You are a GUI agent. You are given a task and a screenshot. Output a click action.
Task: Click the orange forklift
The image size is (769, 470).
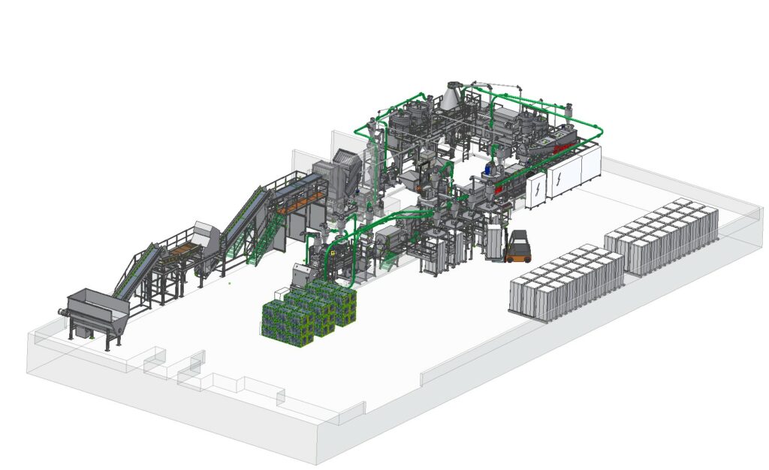click(519, 247)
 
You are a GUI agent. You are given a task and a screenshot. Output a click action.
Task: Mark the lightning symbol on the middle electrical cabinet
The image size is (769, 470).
click(561, 178)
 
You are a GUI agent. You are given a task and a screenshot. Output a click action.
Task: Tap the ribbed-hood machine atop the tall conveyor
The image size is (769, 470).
click(345, 167)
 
